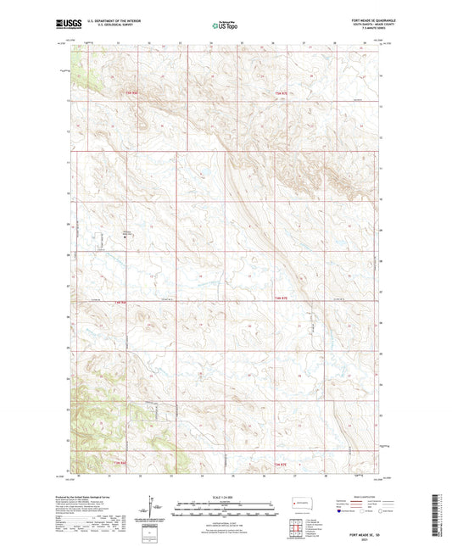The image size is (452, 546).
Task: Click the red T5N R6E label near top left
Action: pyautogui.click(x=129, y=91)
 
